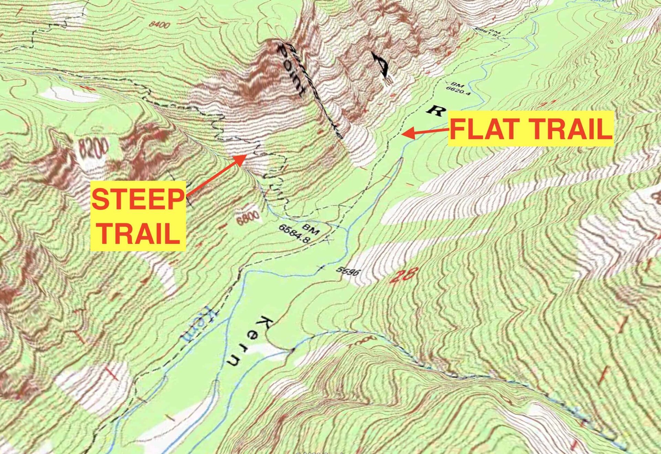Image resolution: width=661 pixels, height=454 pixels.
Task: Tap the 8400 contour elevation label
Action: point(160,24)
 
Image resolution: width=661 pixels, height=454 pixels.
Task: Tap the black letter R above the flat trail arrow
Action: point(436,110)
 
